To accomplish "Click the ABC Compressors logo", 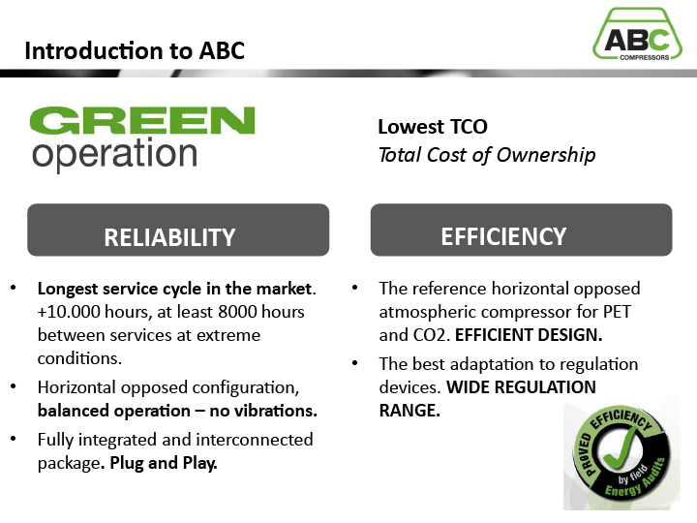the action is tap(637, 34).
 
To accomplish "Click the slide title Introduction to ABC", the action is tap(135, 50).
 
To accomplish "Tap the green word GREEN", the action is tap(142, 120).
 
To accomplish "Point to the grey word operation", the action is tap(114, 154).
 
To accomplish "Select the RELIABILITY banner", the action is tap(178, 230).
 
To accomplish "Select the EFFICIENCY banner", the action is tap(522, 230).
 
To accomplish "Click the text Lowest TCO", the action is tap(433, 127).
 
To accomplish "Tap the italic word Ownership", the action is tap(546, 155).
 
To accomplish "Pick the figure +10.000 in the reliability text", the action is tap(69, 312).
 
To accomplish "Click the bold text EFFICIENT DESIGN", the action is tap(529, 335).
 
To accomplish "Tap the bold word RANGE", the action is tap(409, 411).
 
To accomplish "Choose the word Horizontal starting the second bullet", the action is tap(76, 387).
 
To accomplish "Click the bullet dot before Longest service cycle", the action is tap(13, 288).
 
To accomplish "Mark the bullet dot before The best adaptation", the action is tap(354, 363).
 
